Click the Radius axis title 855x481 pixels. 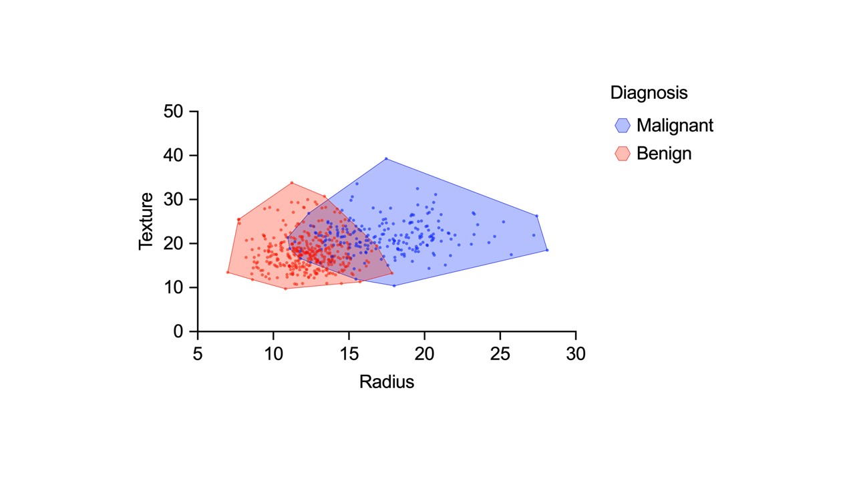tap(386, 382)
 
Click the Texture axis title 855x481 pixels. tap(146, 221)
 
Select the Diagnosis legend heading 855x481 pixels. tap(649, 92)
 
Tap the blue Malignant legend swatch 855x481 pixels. tap(623, 125)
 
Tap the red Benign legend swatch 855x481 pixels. tap(623, 154)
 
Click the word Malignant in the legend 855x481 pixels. tap(675, 125)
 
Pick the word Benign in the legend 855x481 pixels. tap(664, 154)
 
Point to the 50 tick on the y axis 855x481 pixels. tap(173, 112)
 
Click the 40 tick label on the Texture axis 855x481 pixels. tap(173, 156)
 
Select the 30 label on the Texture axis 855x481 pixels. tap(173, 200)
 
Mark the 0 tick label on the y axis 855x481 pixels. tap(178, 331)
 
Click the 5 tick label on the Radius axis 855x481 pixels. tap(198, 354)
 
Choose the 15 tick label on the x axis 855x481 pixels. tap(349, 354)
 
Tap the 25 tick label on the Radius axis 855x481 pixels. tap(500, 354)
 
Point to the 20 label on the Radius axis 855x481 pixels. tap(424, 354)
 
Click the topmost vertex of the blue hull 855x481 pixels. tap(386, 158)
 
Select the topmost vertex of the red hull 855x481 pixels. tap(292, 182)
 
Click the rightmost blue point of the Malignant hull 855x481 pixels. tap(547, 250)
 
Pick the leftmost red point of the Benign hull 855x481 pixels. tap(228, 272)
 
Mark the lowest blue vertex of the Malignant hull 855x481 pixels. tap(394, 286)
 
